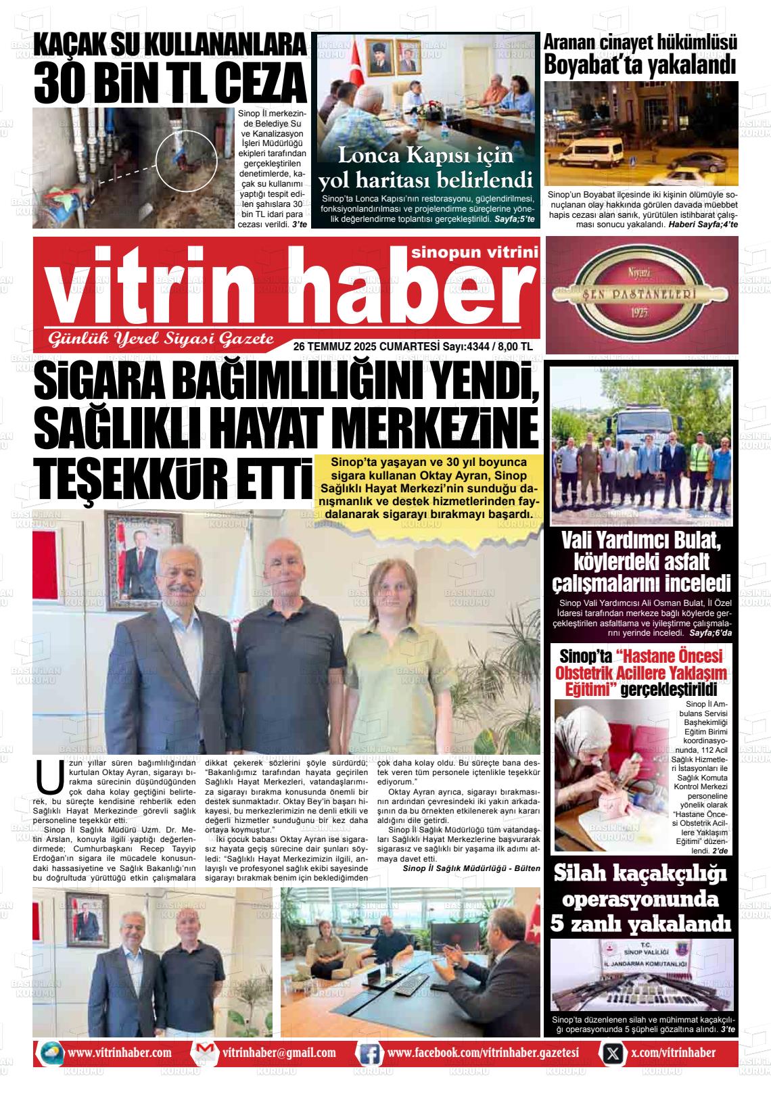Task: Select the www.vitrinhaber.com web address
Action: point(120,1053)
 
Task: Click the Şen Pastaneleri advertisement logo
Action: point(641,295)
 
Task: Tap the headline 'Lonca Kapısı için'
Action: point(425,156)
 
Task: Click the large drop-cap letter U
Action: point(48,777)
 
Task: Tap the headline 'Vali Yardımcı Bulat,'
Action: point(641,542)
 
